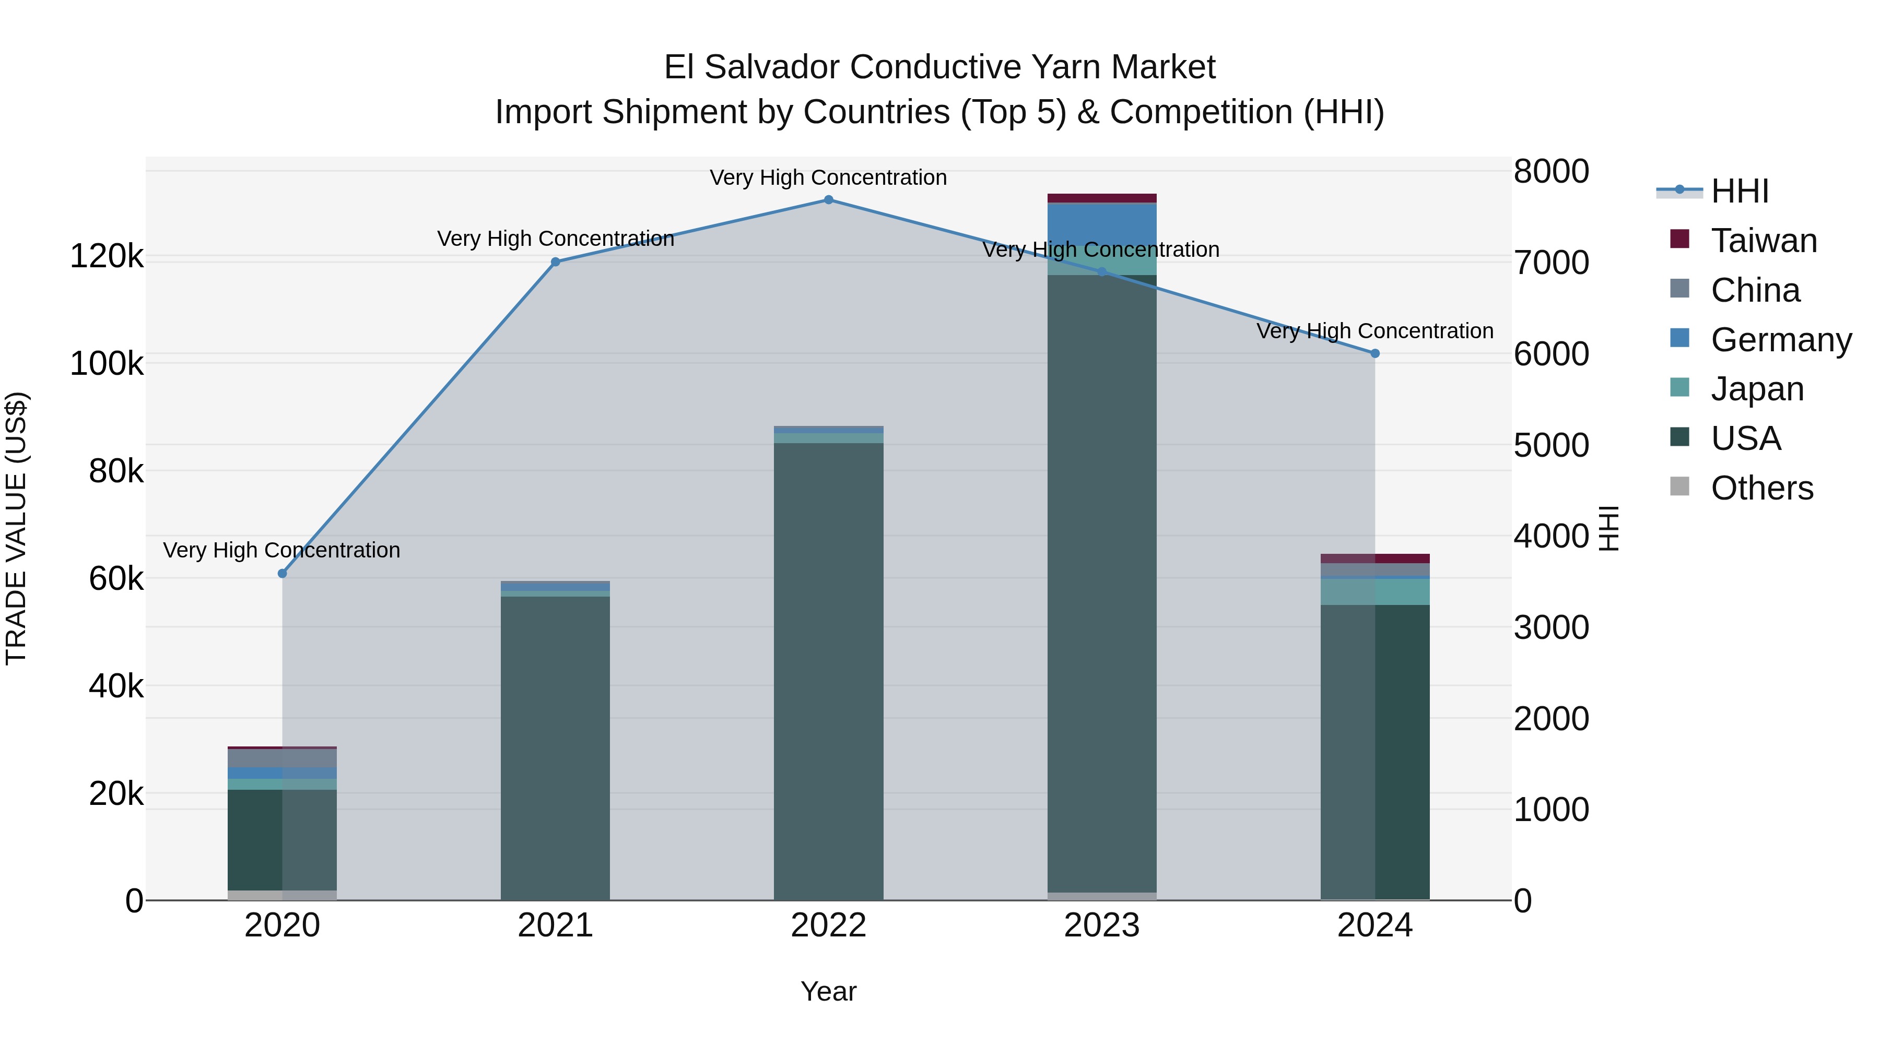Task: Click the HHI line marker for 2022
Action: click(x=828, y=200)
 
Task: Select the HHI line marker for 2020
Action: click(x=283, y=573)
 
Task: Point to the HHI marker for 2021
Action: click(x=556, y=262)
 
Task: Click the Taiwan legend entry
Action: click(x=1763, y=241)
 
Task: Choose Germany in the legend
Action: click(x=1781, y=340)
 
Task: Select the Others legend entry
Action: click(x=1762, y=488)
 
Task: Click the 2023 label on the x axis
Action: click(x=1101, y=925)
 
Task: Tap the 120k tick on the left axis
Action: click(x=107, y=257)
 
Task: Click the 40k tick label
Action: click(x=116, y=686)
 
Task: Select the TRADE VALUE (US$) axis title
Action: click(x=17, y=528)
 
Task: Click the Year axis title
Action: click(x=828, y=991)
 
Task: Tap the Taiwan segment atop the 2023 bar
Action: click(x=1101, y=198)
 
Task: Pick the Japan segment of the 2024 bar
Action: click(x=1375, y=591)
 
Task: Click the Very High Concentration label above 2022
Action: click(x=828, y=178)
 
